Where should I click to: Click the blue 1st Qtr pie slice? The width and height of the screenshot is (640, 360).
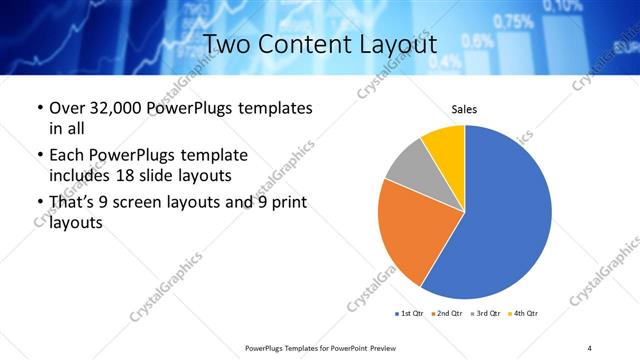(x=505, y=215)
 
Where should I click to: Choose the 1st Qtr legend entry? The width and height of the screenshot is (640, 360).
(x=408, y=314)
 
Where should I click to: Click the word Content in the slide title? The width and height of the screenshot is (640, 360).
(x=319, y=46)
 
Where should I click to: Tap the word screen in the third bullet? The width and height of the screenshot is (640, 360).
(x=156, y=203)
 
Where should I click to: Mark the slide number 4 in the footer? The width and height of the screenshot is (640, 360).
(x=590, y=347)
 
